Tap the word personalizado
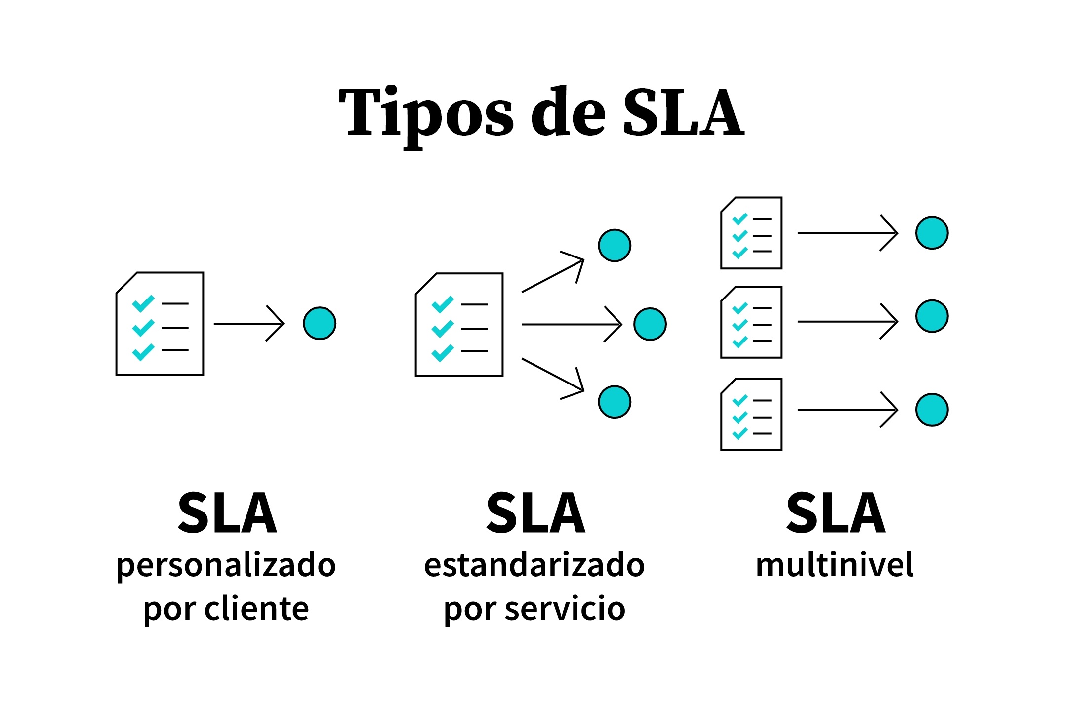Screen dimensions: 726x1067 click(x=226, y=566)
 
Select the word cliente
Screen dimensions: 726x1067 click(x=256, y=608)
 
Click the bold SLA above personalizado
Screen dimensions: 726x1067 click(x=227, y=513)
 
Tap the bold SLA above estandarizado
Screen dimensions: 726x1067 click(x=535, y=513)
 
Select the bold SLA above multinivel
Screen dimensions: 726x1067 click(x=836, y=513)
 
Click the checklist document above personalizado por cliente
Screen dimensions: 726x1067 click(x=160, y=324)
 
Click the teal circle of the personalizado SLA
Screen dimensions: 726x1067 click(x=320, y=323)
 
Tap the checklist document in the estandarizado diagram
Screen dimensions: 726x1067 click(x=459, y=325)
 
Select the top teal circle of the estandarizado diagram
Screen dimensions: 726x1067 click(x=615, y=245)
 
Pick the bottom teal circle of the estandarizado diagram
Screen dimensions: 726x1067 click(x=615, y=402)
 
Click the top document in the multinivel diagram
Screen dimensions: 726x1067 click(x=751, y=233)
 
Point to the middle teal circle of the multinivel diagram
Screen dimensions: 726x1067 click(x=932, y=316)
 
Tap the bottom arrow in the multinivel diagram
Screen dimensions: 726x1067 click(x=848, y=410)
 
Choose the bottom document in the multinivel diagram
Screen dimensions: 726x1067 click(x=751, y=415)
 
